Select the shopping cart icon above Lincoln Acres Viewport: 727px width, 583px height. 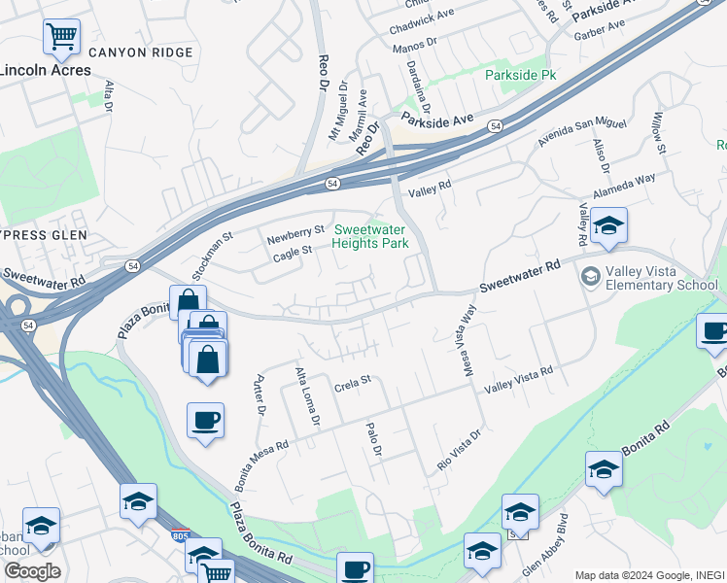(61, 37)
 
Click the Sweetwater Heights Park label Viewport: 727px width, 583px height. (370, 236)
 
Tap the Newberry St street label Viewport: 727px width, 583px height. (296, 231)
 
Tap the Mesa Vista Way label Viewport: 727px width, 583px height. (468, 329)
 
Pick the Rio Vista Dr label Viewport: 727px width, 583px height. (459, 451)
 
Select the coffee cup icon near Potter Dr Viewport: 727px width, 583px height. (205, 422)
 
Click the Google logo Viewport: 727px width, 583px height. (31, 571)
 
